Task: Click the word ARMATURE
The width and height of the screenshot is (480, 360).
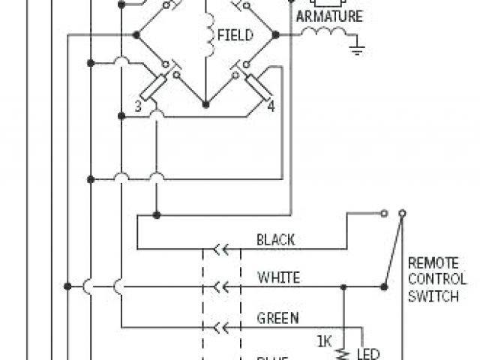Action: pos(330,16)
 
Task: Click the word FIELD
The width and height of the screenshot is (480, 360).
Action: pos(235,35)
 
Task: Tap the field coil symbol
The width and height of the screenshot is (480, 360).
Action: pos(205,34)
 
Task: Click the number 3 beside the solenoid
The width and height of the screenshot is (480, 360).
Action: pos(138,106)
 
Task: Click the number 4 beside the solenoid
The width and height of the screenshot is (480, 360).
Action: pos(271,106)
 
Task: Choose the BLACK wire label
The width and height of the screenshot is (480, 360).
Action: pos(275,240)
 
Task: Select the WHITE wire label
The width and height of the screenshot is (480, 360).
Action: pos(278,277)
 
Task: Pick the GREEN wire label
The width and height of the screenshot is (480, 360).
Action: pos(278,317)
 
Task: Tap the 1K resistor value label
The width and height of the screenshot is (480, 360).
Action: pos(324,341)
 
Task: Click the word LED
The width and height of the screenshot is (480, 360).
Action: pos(367,352)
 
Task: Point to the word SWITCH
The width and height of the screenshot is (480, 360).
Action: pos(433,296)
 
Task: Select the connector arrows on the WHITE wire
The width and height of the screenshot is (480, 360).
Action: pos(220,286)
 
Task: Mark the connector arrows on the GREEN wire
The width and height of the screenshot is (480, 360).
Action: pos(220,327)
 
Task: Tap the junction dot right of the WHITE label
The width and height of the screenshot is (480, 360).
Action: pos(344,286)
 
